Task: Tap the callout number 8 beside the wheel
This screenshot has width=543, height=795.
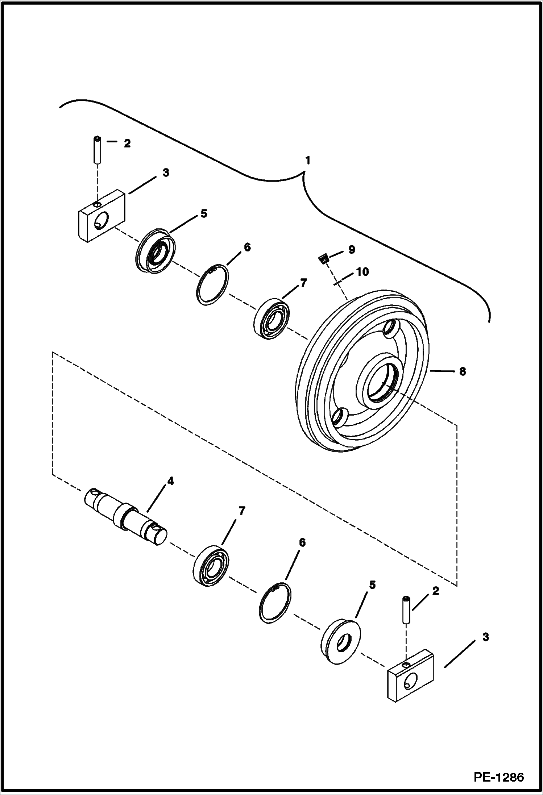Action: tap(462, 371)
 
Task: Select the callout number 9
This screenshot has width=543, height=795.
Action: tap(352, 249)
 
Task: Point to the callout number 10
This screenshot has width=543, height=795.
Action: tap(362, 271)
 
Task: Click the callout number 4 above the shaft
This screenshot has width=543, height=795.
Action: tap(170, 481)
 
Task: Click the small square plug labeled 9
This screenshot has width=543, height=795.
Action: tap(323, 258)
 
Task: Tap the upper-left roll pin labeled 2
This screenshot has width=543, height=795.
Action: tap(97, 150)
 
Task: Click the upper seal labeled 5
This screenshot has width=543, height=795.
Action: tap(156, 250)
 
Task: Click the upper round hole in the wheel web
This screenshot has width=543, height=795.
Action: tap(391, 328)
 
